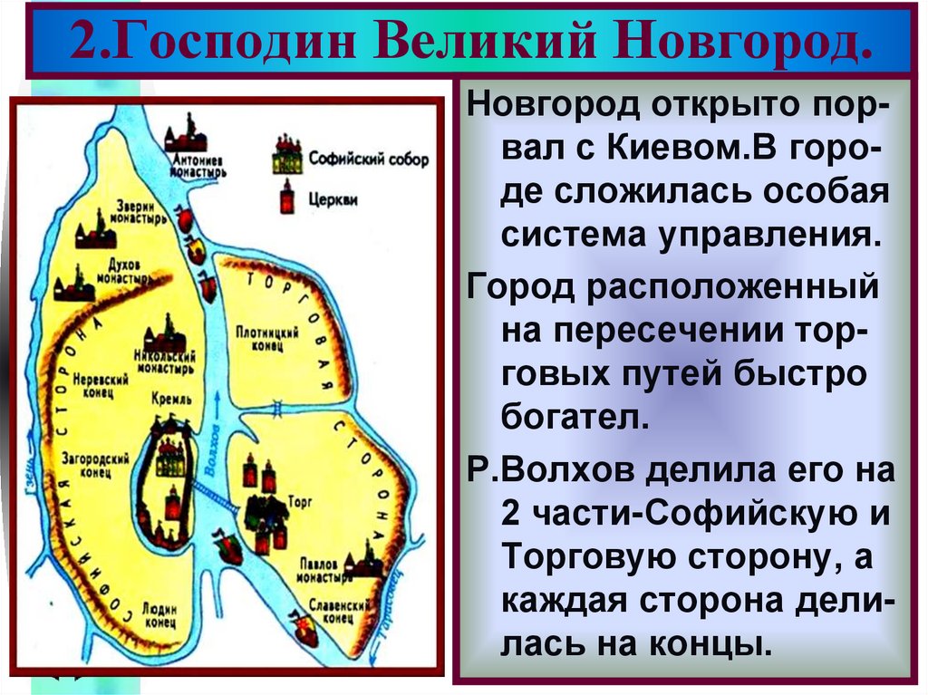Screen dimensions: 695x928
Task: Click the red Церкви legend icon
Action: pyautogui.click(x=288, y=198)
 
